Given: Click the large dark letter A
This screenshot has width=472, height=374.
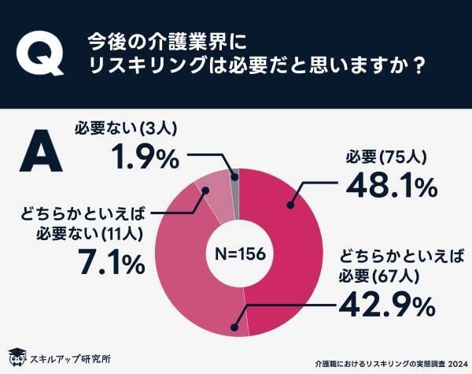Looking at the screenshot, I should pyautogui.click(x=39, y=154).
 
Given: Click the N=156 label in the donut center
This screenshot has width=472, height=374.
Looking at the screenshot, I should pyautogui.click(x=240, y=254).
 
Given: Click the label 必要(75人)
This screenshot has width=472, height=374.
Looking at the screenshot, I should pyautogui.click(x=385, y=157).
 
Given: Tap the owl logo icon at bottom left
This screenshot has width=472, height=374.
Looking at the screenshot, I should pyautogui.click(x=16, y=357).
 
